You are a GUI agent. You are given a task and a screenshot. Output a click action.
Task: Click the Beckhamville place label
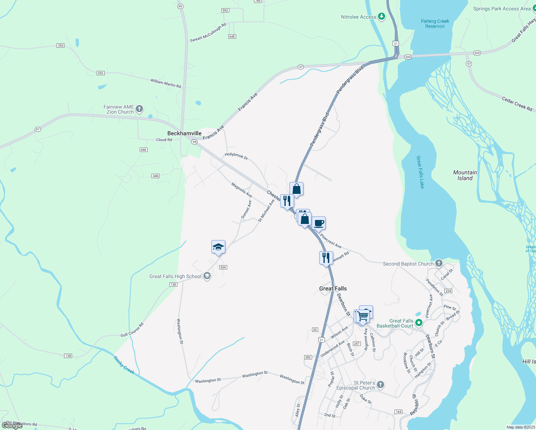pos(184,133)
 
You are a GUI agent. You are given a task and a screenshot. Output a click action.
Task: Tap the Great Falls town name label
pos(333,288)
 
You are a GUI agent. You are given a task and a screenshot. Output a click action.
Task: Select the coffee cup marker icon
pos(319,224)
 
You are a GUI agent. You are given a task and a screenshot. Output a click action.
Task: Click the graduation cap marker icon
pos(218,247)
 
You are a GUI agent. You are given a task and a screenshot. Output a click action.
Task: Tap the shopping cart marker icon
pos(363,316)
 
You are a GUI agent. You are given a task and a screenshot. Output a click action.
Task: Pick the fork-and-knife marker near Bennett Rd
pos(326,258)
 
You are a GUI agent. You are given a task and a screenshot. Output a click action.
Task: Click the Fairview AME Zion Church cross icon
pos(139,109)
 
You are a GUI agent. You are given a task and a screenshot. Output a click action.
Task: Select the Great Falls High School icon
pos(207,276)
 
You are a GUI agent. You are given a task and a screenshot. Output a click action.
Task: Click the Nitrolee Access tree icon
pos(382,16)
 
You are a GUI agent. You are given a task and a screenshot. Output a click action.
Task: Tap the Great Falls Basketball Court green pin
pos(418,323)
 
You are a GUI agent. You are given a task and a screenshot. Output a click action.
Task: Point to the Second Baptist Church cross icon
pos(439,263)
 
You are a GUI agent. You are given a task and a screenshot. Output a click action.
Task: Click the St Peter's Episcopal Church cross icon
pos(381,385)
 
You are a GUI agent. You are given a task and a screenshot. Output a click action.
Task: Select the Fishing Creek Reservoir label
pos(435,24)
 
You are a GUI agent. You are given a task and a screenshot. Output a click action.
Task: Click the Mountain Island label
pos(465,175)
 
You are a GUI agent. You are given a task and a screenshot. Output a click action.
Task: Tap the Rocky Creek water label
pos(124,365)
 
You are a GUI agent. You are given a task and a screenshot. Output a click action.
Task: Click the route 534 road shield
pos(223,267)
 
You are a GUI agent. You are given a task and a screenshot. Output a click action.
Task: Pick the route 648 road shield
pos(232,37)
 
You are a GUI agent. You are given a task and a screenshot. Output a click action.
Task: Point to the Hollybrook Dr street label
pos(236,156)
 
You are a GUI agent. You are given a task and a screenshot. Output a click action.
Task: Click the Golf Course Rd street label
pos(132,330)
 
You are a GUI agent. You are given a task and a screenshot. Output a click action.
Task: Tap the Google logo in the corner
pos(12,425)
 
